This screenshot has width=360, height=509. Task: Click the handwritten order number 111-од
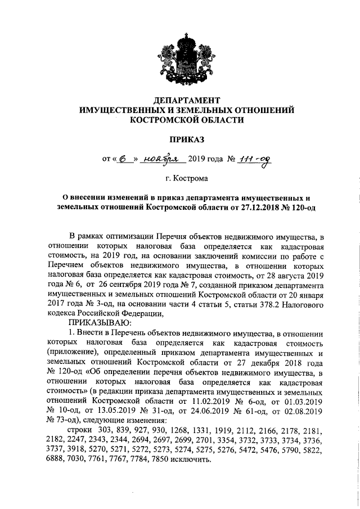255,160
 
